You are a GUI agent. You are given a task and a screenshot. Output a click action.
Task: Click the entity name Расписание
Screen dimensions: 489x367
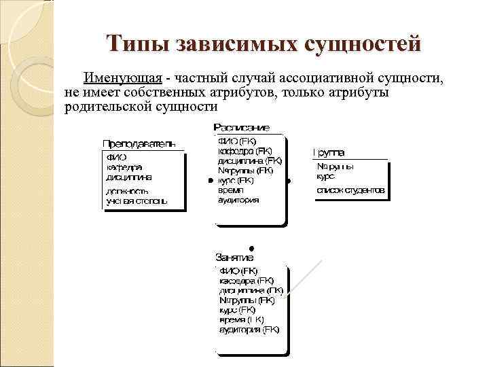click(x=242, y=128)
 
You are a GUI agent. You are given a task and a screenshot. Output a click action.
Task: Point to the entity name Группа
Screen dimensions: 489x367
click(x=329, y=152)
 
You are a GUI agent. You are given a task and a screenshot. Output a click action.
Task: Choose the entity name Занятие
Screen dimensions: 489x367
click(x=234, y=258)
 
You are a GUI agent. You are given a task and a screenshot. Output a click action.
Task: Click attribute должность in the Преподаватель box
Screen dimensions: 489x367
click(x=128, y=191)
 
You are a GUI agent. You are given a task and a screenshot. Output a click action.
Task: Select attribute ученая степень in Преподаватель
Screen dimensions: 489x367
click(x=136, y=201)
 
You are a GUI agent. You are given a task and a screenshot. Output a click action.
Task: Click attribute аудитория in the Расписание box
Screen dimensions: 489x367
click(x=238, y=200)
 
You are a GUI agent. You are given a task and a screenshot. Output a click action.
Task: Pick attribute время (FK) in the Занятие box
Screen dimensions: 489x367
click(x=241, y=319)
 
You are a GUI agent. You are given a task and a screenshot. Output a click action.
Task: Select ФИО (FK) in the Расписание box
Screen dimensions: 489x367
click(x=233, y=141)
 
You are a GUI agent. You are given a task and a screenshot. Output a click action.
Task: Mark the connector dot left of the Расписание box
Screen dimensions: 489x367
click(x=209, y=181)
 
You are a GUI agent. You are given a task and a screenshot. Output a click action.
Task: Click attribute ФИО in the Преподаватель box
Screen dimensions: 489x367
click(x=115, y=157)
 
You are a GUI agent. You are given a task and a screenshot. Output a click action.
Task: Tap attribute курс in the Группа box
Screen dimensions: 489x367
click(x=325, y=176)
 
